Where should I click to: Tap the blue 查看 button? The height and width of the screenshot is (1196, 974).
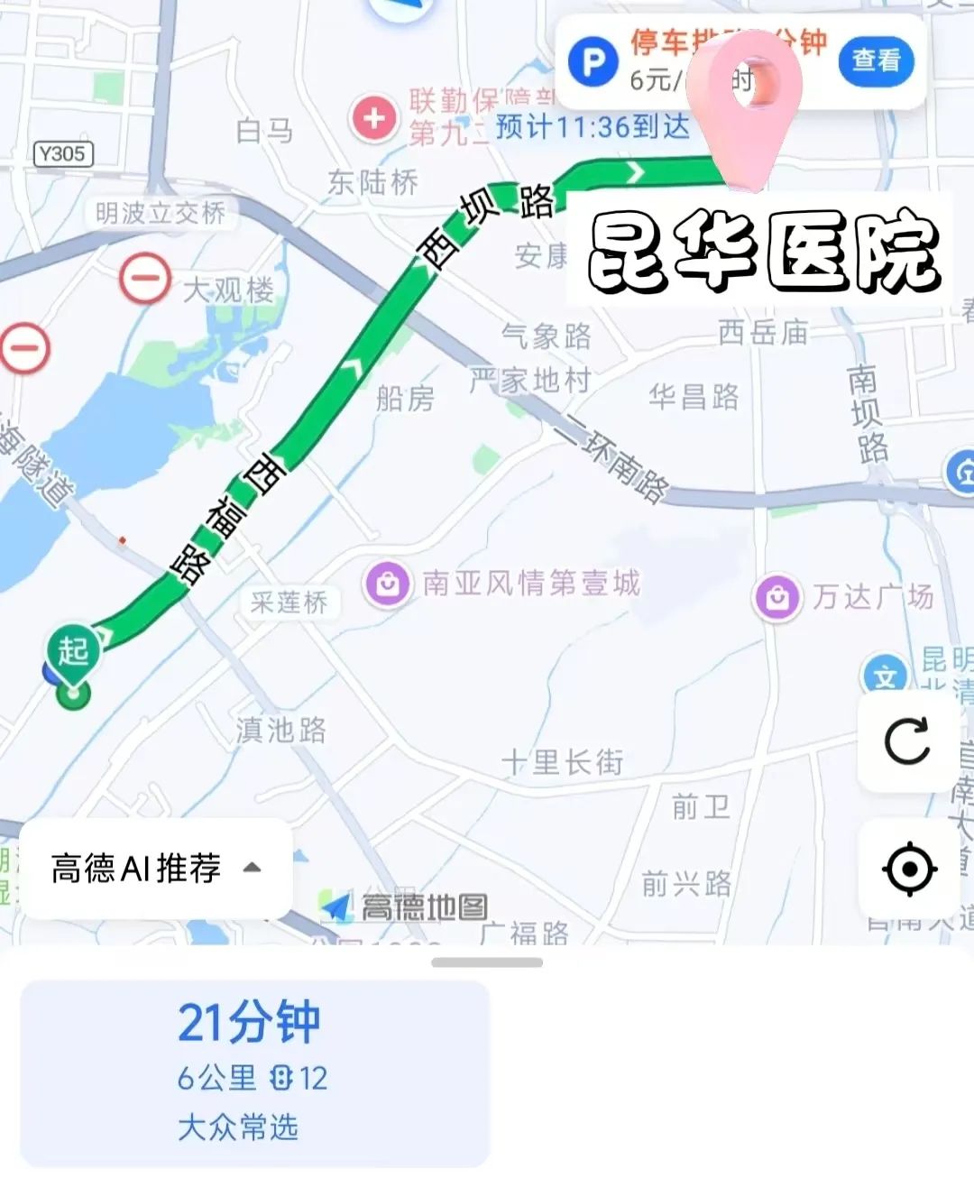tap(875, 60)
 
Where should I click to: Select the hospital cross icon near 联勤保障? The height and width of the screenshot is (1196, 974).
tap(373, 117)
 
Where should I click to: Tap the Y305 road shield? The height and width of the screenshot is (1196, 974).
tap(62, 154)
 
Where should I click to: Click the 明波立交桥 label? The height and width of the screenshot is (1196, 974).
tap(161, 214)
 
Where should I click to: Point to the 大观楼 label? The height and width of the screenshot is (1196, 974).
tap(227, 290)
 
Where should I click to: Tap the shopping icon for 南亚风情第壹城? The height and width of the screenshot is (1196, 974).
tap(388, 584)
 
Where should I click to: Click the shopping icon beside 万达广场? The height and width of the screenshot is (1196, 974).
tap(777, 596)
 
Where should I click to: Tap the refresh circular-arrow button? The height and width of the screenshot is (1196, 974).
tap(907, 741)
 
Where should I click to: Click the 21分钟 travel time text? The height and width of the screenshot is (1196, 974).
tap(249, 1023)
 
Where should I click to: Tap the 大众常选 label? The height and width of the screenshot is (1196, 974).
tap(238, 1127)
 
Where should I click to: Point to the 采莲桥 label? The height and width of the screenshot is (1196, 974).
tap(289, 603)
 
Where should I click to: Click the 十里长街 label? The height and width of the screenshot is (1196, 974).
tap(563, 762)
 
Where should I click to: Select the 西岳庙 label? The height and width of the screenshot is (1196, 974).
tap(763, 333)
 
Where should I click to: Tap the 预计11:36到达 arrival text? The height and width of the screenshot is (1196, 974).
tap(593, 127)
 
